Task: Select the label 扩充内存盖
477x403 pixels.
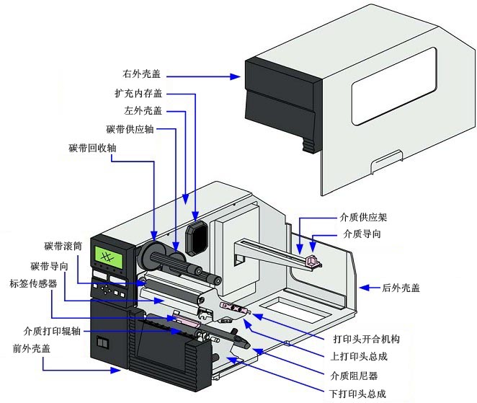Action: tap(139, 94)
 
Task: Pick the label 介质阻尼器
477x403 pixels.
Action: tap(354, 375)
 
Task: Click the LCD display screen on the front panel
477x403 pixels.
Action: tap(110, 257)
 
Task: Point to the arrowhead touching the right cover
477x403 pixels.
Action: tap(238, 76)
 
